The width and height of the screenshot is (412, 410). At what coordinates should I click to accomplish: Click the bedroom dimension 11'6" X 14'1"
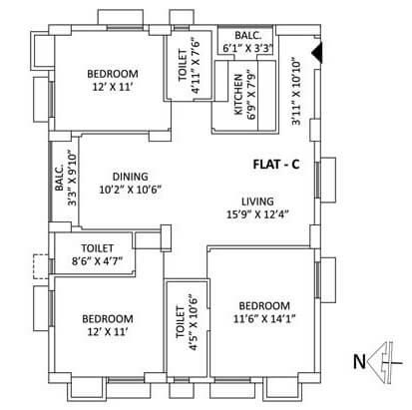tap(263, 317)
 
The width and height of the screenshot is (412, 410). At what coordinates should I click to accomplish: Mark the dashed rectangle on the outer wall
tap(40, 266)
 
